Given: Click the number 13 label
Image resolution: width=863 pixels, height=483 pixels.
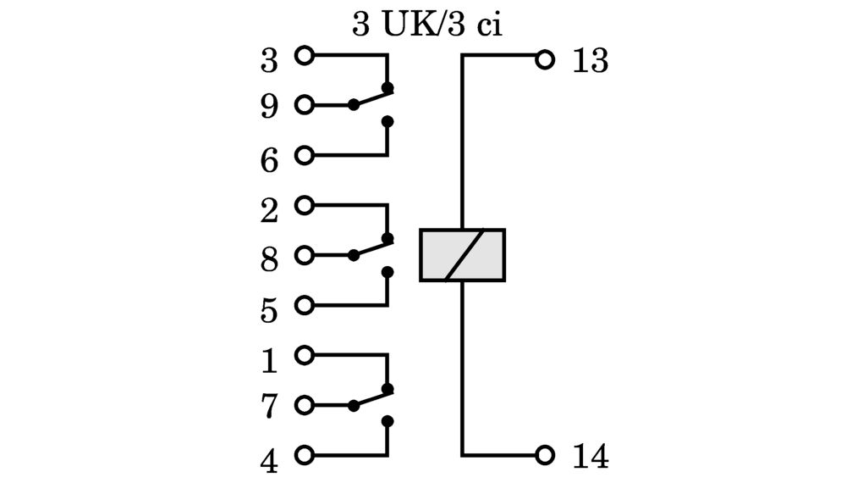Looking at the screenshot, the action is [591, 61].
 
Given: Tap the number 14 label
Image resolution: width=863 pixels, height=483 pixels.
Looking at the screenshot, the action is [591, 457].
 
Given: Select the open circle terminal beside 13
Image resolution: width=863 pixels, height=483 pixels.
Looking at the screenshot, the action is [545, 60].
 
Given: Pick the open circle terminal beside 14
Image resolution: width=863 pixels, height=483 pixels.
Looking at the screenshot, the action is [545, 455].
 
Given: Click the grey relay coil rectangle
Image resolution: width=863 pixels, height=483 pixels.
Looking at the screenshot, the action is [463, 255].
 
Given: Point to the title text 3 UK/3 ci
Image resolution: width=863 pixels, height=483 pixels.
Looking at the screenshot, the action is [427, 25].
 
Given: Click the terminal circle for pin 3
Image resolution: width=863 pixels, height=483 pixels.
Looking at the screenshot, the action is [304, 56].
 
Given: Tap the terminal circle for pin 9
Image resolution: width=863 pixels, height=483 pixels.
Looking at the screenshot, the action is [304, 105].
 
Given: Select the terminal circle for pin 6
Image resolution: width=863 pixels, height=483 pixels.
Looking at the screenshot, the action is [304, 155].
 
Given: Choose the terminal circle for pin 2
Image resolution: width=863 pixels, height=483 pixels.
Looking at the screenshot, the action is [304, 205].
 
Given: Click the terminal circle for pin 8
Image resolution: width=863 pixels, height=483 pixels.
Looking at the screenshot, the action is [304, 255].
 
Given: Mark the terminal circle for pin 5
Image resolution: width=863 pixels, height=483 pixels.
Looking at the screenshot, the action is [304, 305].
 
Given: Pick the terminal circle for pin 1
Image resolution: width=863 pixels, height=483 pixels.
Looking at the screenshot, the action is [304, 355].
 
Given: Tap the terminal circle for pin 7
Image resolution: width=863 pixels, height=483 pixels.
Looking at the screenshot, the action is [304, 405].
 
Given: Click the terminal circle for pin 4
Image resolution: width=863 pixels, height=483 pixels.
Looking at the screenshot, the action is [304, 455].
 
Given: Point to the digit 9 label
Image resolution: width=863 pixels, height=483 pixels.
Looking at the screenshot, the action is [269, 107].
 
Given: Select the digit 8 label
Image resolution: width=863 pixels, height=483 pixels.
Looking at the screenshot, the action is [269, 260].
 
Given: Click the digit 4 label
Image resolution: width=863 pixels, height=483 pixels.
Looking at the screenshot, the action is [269, 462].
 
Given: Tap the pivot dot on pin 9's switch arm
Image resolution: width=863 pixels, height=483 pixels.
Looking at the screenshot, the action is [354, 105].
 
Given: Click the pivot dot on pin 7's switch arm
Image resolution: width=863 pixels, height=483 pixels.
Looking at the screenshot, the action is [354, 405].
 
